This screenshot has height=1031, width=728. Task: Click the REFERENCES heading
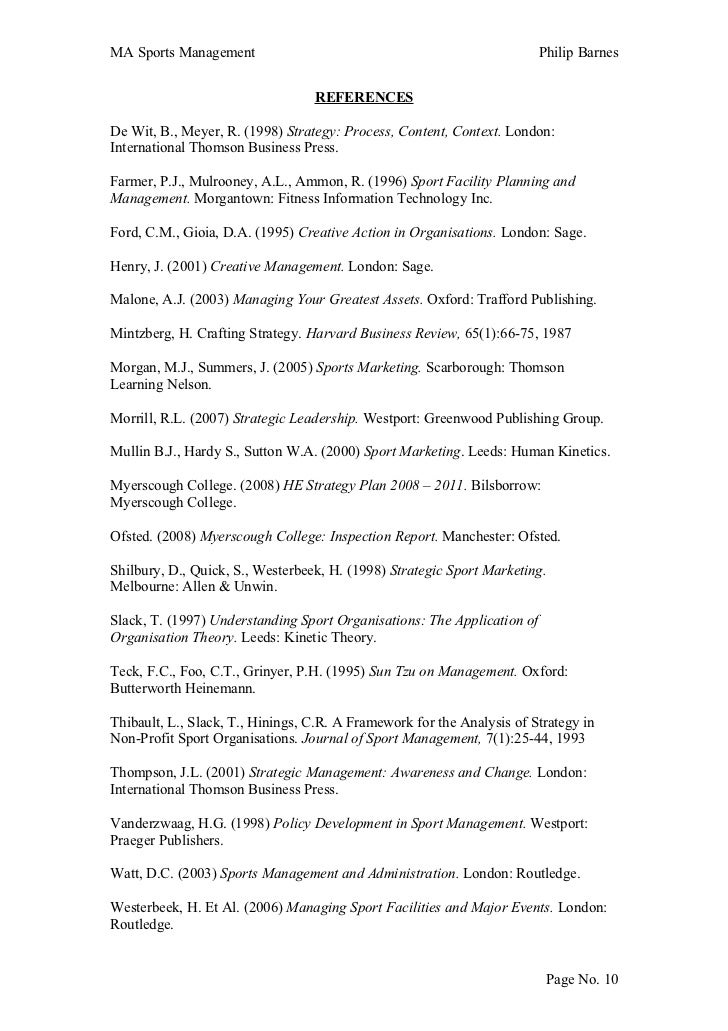tap(364, 98)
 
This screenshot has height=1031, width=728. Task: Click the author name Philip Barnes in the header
tap(579, 51)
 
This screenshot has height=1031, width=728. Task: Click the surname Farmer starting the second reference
tap(132, 182)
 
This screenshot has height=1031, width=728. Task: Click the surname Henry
tap(131, 267)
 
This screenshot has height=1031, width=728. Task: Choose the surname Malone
tap(134, 300)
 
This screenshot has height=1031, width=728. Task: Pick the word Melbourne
tap(143, 587)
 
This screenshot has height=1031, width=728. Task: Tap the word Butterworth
tap(149, 688)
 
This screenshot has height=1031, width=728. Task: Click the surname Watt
tap(126, 874)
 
